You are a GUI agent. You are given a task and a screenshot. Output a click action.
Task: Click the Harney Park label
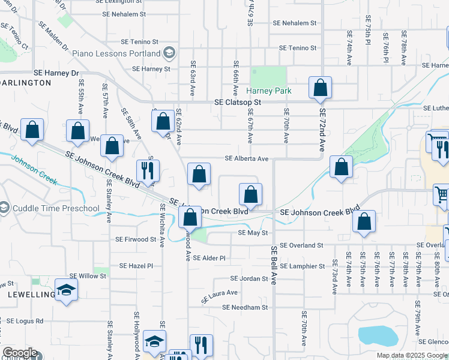point(269,91)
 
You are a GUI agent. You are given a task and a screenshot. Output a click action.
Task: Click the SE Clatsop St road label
point(238,103)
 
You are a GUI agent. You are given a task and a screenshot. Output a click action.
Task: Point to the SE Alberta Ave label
point(246,159)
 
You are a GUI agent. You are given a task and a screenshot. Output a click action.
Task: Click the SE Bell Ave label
point(273,265)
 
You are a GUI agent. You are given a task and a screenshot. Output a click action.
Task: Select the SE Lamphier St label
point(302,266)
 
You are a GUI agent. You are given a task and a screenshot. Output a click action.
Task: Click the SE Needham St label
point(244,307)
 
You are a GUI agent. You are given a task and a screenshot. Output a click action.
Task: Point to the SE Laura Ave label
point(220,295)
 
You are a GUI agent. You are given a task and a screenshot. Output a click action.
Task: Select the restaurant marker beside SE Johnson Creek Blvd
point(146,170)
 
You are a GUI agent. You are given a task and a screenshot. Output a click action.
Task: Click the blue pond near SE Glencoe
point(378,336)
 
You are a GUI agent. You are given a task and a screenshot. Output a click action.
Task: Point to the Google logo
point(20,353)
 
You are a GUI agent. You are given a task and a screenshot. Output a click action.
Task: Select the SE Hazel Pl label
point(136,265)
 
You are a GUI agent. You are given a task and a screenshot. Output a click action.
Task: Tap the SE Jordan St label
point(249,279)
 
